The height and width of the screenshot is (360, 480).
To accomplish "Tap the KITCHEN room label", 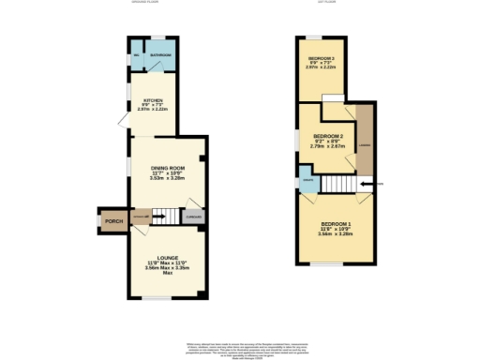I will click(x=154, y=99).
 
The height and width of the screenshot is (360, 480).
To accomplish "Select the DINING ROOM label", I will click(x=165, y=168).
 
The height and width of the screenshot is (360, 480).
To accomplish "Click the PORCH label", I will click(x=113, y=222).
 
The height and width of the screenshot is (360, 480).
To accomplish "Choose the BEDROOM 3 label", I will click(x=321, y=58).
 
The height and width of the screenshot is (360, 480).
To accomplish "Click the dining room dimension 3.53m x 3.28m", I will click(x=165, y=178).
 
